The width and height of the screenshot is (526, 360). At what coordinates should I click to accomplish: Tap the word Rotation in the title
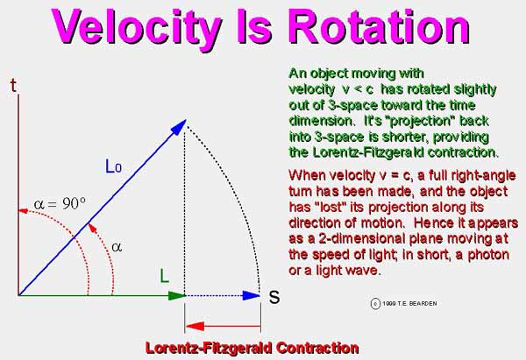379,26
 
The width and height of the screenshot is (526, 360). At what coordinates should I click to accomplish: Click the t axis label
13,86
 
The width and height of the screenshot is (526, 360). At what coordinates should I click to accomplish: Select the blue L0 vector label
113,166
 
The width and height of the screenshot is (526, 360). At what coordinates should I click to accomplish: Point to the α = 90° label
60,203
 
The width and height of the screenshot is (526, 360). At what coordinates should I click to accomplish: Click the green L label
165,277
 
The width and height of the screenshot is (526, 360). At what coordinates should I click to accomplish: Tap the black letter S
274,297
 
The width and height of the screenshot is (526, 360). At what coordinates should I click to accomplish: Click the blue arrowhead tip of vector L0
186,120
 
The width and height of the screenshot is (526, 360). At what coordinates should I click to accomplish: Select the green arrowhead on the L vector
177,296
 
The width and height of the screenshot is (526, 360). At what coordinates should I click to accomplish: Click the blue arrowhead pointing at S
252,296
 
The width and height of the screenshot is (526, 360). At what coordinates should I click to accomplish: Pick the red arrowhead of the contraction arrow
195,326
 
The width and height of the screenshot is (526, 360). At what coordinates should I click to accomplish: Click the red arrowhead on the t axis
23,211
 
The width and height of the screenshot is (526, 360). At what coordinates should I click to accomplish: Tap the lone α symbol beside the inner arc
117,247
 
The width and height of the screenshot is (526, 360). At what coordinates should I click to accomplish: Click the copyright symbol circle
375,304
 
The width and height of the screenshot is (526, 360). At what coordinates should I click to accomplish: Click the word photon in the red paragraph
488,254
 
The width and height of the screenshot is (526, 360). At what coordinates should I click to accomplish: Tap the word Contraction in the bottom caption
317,348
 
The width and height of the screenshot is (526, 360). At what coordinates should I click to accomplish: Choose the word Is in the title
253,27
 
